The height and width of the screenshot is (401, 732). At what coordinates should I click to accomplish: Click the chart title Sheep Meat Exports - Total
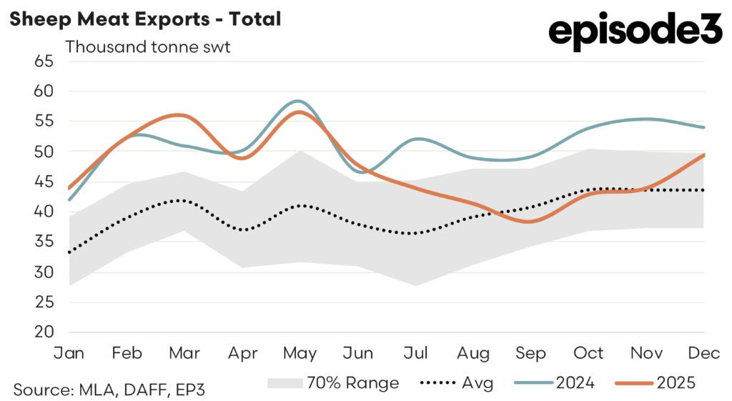click(144, 19)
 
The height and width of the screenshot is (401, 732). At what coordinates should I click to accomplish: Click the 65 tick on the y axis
click(44, 61)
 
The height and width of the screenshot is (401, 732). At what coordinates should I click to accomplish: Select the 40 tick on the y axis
click(44, 212)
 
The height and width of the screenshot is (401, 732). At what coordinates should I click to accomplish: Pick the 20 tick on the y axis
click(44, 332)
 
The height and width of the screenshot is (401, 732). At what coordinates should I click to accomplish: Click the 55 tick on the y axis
click(44, 122)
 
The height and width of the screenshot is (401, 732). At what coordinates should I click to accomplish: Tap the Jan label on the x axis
click(69, 353)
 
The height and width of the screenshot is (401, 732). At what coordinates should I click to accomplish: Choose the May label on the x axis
click(300, 353)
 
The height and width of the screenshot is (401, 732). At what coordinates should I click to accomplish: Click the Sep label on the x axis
click(531, 353)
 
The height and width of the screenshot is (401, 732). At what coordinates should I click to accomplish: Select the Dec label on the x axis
click(705, 353)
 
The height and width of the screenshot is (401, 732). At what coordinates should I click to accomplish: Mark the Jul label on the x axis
click(415, 353)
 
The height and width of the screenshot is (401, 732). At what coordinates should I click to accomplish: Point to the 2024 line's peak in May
click(299, 101)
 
